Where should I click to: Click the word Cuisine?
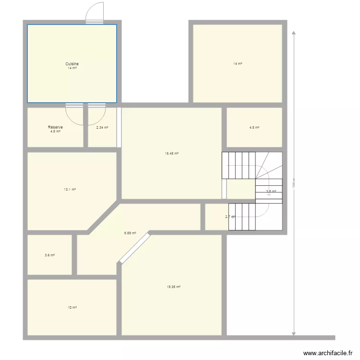pyautogui.click(x=72, y=64)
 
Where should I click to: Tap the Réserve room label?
pyautogui.click(x=55, y=127)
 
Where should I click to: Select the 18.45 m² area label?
pyautogui.click(x=172, y=154)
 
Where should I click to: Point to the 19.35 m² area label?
pyautogui.click(x=174, y=287)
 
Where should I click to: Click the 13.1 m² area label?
pyautogui.click(x=70, y=190)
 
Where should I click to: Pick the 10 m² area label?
pyautogui.click(x=72, y=307)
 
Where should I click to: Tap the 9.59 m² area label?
pyautogui.click(x=130, y=233)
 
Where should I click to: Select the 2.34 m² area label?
pyautogui.click(x=102, y=128)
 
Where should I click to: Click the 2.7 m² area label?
pyautogui.click(x=230, y=217)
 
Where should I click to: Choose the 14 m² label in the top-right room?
pyautogui.click(x=238, y=63)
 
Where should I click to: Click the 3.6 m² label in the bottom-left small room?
pyautogui.click(x=49, y=255)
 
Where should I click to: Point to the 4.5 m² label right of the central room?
pyautogui.click(x=254, y=128)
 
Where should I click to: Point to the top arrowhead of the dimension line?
pyautogui.click(x=294, y=33)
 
